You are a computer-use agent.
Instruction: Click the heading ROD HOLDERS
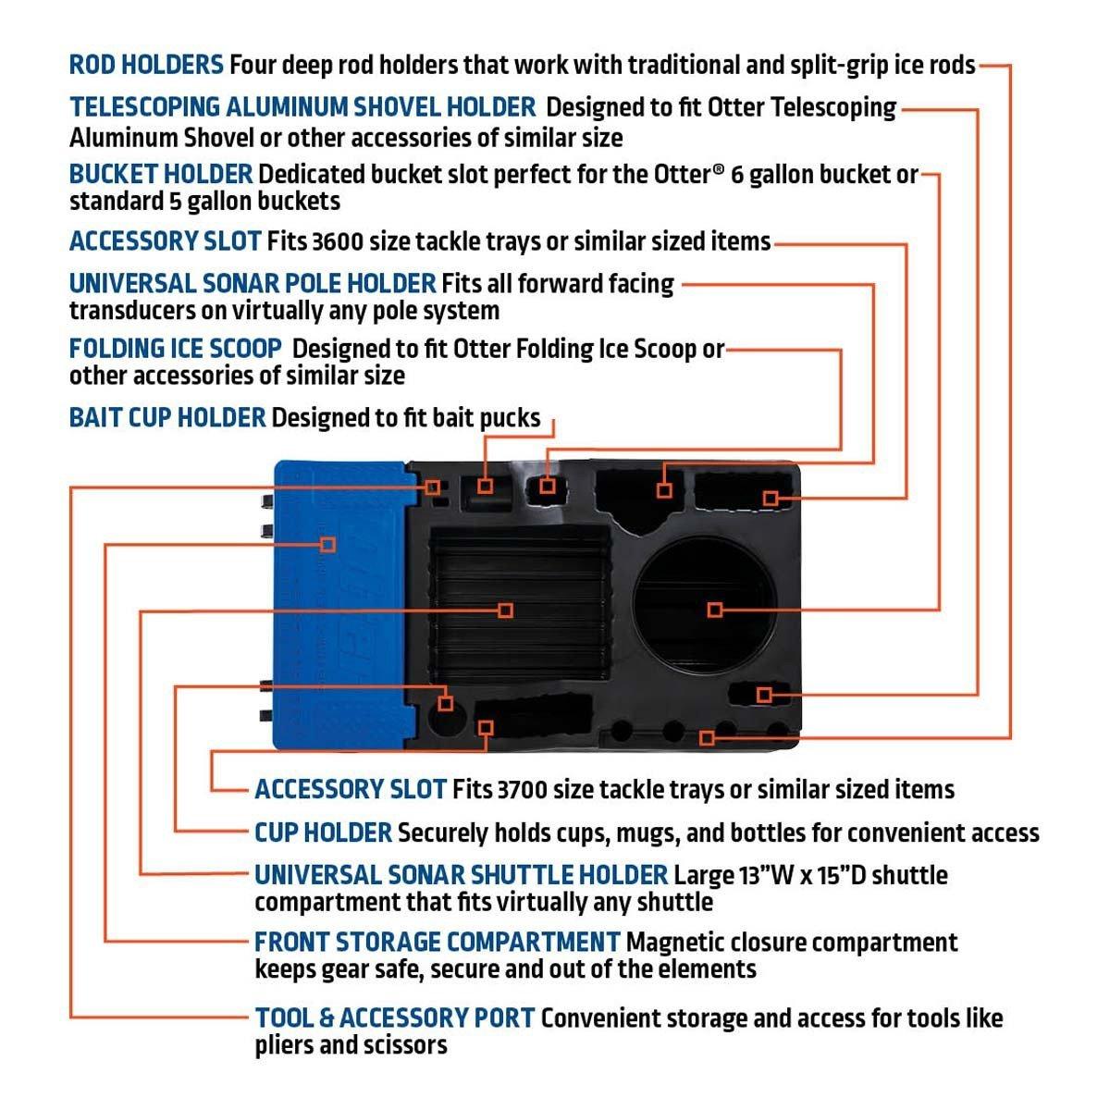146,66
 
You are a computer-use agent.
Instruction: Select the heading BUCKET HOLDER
161,174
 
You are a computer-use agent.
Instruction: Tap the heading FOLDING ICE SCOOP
176,349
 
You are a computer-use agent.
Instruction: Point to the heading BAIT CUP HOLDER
167,418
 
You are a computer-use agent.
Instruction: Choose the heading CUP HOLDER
324,832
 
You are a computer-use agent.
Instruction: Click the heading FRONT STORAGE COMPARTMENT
437,943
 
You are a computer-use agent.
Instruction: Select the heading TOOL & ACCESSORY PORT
395,1018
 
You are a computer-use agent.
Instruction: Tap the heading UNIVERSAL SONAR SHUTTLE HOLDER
461,875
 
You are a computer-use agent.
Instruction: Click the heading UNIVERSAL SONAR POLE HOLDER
253,283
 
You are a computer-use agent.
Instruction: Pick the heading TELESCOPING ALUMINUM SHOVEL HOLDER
302,107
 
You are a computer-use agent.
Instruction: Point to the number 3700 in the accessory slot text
522,790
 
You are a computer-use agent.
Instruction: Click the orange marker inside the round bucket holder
714,610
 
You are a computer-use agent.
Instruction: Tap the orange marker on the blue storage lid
327,544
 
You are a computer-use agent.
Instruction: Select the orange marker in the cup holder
446,703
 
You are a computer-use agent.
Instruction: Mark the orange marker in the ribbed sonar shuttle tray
505,610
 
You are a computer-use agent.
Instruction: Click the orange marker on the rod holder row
707,737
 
